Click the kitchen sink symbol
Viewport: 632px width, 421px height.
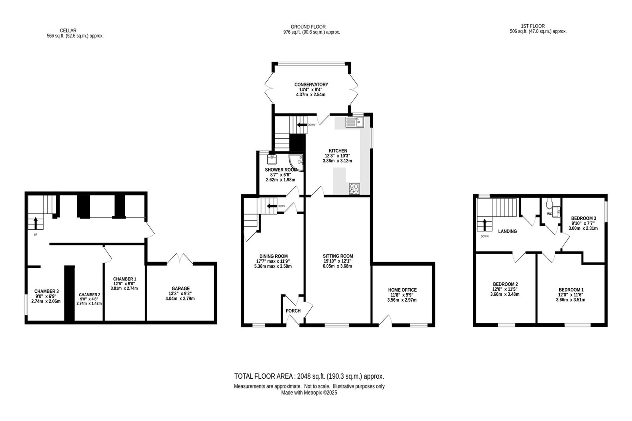coord(355,122)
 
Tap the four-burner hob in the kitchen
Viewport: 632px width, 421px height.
coord(355,189)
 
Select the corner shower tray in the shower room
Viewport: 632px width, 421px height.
coord(296,163)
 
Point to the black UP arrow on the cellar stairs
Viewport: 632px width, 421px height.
coord(35,223)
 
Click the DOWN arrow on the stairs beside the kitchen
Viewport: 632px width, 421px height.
coord(302,125)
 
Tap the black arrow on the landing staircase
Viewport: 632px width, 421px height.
coord(484,225)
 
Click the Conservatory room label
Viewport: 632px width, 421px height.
coord(311,85)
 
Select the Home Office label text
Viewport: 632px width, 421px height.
coord(402,290)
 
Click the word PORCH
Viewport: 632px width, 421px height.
coord(293,311)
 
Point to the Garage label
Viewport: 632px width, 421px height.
coord(180,288)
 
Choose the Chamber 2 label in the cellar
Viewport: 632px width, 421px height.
coord(89,295)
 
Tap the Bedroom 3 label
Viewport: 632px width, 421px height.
coord(583,218)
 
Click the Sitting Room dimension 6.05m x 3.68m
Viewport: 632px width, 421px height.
coord(337,266)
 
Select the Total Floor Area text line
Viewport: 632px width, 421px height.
coord(309,376)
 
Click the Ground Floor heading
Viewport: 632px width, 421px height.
coord(308,27)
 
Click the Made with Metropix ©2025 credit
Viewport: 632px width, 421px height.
coord(309,393)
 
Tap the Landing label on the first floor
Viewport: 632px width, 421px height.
coord(507,231)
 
